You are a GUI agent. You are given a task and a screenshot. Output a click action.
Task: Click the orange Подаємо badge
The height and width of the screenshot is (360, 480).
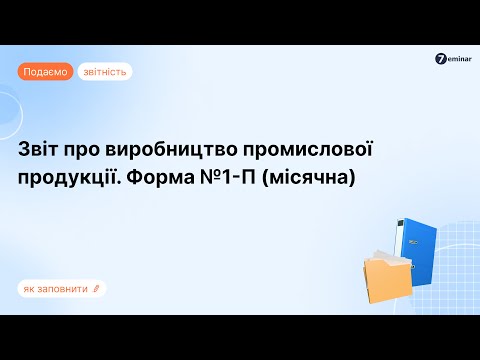(x=45, y=72)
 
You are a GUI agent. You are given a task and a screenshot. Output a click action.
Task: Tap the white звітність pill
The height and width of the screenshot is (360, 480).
(x=104, y=72)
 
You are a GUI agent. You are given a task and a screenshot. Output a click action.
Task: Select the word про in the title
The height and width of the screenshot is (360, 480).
(x=95, y=150)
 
